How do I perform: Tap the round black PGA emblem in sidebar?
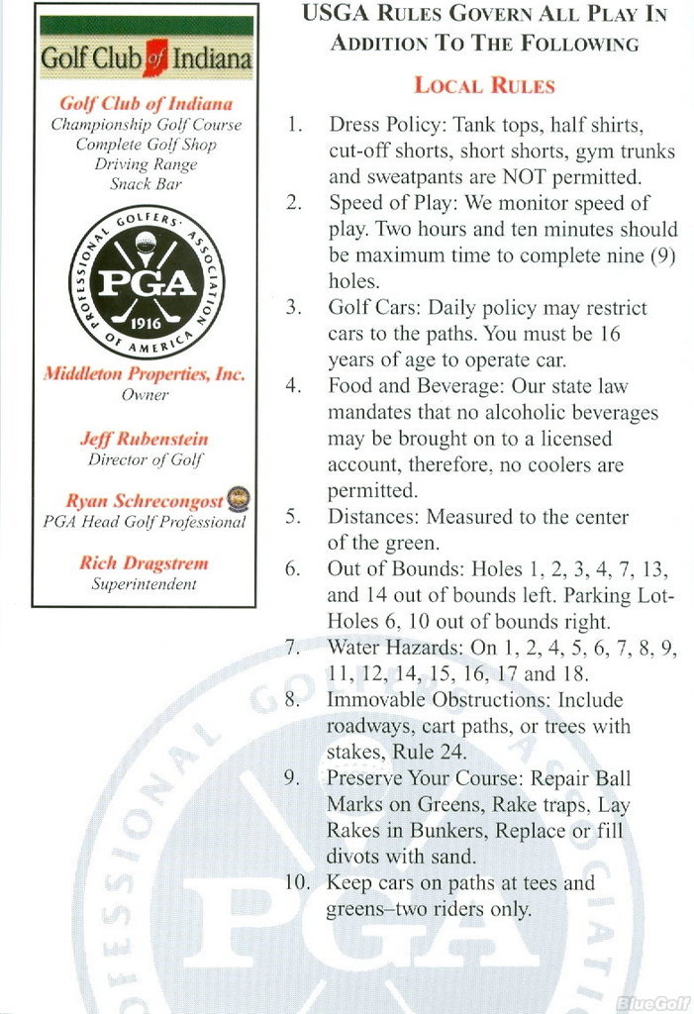click(146, 283)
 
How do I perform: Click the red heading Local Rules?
click(484, 85)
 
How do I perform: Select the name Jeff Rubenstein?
click(145, 438)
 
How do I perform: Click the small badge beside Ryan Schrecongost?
click(238, 498)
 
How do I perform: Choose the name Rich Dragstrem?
click(145, 562)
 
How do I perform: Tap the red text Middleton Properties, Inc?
click(145, 374)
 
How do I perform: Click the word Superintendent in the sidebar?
click(145, 583)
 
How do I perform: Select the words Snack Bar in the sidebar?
click(146, 183)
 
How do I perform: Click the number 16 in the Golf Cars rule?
click(609, 334)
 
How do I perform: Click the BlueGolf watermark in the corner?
click(650, 1002)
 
